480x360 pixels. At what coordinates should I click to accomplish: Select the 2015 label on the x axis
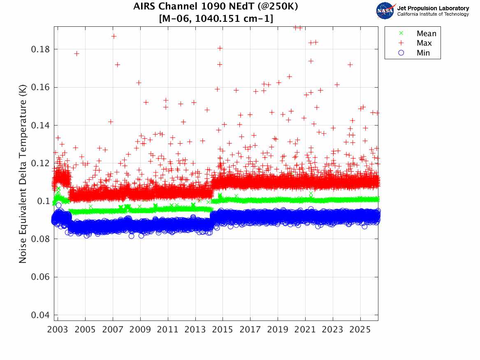[x=223, y=330]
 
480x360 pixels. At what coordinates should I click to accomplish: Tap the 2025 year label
[x=360, y=330]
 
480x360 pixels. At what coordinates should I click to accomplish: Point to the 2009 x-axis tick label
[x=140, y=330]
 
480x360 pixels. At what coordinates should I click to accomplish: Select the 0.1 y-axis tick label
[x=45, y=201]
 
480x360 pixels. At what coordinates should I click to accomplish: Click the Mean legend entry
[x=426, y=34]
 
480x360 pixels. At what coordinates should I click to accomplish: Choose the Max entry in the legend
[x=424, y=43]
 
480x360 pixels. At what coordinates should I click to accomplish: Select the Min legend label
[x=423, y=53]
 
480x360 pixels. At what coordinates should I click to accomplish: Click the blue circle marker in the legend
[x=401, y=53]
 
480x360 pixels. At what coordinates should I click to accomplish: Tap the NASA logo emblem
[x=385, y=11]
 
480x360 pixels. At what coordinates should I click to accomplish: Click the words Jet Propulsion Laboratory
[x=433, y=8]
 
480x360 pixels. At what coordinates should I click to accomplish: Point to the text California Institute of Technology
[x=433, y=14]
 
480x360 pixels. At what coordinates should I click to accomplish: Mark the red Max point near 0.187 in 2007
[x=114, y=36]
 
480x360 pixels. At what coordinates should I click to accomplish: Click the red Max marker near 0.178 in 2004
[x=77, y=53]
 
